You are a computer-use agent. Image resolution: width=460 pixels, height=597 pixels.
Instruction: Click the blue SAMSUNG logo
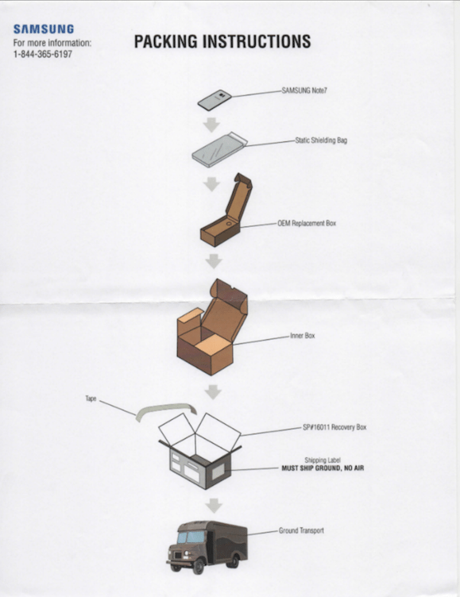[44, 29]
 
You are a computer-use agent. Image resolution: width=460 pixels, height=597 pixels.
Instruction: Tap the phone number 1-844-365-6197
[43, 54]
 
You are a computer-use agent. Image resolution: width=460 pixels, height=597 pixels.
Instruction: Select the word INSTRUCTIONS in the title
[257, 41]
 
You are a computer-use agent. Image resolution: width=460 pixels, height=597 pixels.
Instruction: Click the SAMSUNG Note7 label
[304, 91]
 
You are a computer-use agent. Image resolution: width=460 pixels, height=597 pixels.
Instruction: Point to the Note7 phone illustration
[215, 100]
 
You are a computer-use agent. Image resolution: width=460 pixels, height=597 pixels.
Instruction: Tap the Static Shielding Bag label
[321, 140]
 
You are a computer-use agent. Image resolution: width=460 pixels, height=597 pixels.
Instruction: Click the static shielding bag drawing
[219, 149]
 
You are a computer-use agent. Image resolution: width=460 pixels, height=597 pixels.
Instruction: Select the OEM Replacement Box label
[307, 223]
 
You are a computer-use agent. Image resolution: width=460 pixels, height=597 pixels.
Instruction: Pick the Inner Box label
[302, 336]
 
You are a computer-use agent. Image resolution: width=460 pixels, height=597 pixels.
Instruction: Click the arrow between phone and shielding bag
[211, 125]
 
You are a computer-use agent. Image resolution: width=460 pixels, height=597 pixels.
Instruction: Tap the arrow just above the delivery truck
[214, 505]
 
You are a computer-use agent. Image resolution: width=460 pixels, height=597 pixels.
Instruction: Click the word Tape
[91, 399]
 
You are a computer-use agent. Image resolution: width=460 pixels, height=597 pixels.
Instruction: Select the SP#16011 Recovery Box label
[334, 427]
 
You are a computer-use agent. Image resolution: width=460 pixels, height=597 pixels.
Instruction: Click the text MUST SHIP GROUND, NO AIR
[323, 468]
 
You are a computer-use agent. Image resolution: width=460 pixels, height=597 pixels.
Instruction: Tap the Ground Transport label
[301, 530]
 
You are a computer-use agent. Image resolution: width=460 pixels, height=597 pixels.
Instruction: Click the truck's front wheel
[198, 566]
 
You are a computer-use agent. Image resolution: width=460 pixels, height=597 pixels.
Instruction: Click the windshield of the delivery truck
[191, 537]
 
